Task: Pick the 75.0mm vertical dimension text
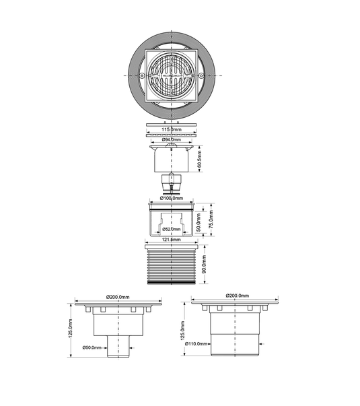click(x=211, y=219)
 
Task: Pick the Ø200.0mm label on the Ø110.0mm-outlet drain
click(x=237, y=296)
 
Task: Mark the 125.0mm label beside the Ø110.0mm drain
click(x=183, y=330)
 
